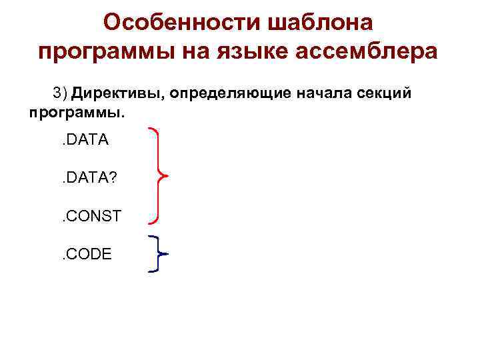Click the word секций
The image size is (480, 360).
click(383, 93)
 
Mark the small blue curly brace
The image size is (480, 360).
click(157, 254)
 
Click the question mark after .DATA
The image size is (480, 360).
click(113, 178)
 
